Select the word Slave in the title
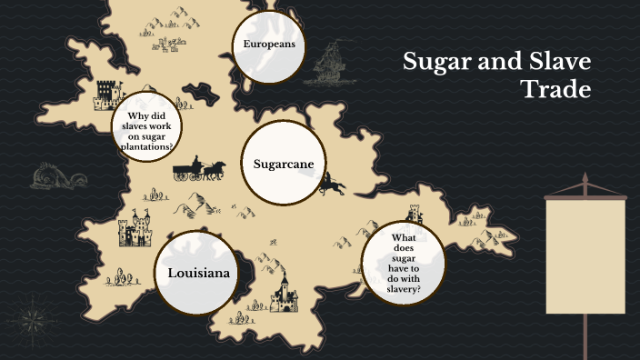[555, 63]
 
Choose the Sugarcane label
[284, 165]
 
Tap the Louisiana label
[197, 273]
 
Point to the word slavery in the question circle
[402, 288]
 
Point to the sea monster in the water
[46, 176]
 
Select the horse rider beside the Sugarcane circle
[331, 185]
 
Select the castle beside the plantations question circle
[108, 95]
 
